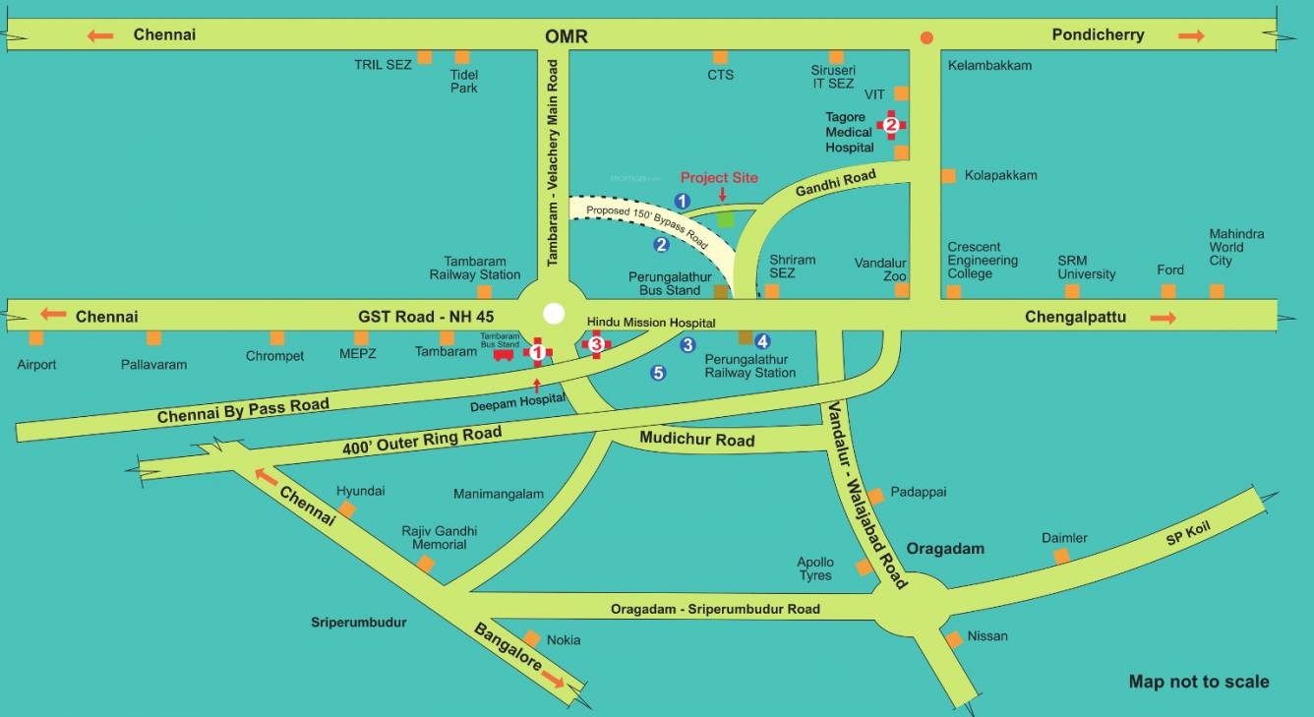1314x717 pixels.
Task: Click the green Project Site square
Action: pos(726,219)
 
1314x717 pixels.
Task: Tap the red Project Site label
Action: pos(719,178)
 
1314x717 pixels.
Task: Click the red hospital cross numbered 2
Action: pos(891,125)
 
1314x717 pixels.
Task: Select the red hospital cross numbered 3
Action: pos(596,343)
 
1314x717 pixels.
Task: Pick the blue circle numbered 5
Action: pos(658,373)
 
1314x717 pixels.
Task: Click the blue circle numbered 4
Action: pos(762,341)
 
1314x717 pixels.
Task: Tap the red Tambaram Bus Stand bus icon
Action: pos(503,355)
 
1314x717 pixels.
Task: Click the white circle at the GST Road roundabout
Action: pos(555,314)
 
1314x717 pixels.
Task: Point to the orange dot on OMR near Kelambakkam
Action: pos(926,38)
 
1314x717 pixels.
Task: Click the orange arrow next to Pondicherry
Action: pos(1191,36)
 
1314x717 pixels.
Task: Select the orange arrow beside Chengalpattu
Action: pos(1163,318)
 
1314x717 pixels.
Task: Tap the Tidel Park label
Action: pos(463,82)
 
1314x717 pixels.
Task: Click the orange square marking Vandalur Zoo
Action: pos(902,290)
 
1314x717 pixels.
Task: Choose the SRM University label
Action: pos(1087,268)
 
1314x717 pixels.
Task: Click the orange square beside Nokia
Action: pos(532,638)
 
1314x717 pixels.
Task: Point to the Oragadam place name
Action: pos(945,549)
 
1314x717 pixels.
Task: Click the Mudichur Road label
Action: pos(696,440)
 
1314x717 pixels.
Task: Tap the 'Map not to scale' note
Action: pos(1199,682)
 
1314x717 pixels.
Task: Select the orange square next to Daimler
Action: pos(1061,557)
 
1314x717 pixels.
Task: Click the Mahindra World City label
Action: pos(1236,247)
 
